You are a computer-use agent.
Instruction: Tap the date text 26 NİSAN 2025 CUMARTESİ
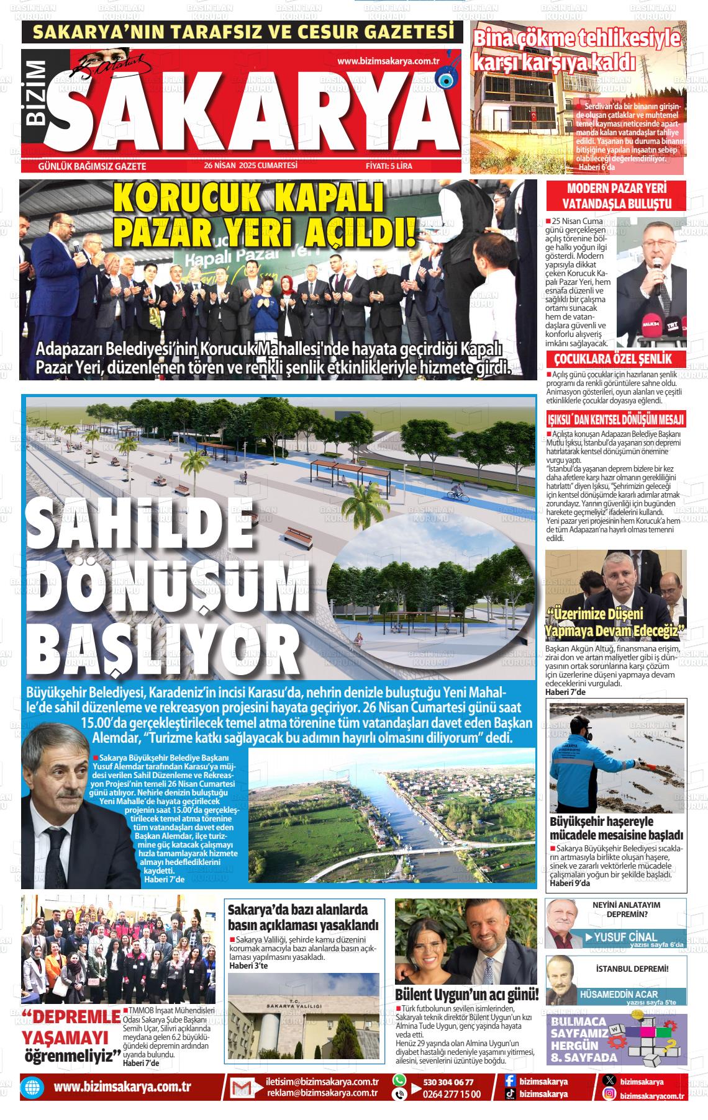(x=251, y=166)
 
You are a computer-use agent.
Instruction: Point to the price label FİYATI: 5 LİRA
(x=389, y=166)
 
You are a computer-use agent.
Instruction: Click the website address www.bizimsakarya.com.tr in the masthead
(x=388, y=61)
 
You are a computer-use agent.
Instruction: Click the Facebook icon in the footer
(x=510, y=1082)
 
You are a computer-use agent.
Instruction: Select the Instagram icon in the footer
(x=610, y=1095)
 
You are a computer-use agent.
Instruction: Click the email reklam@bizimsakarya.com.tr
(x=322, y=1094)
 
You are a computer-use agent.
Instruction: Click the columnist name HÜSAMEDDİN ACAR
(x=618, y=994)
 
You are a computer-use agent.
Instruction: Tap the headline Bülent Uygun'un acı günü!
(x=466, y=995)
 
